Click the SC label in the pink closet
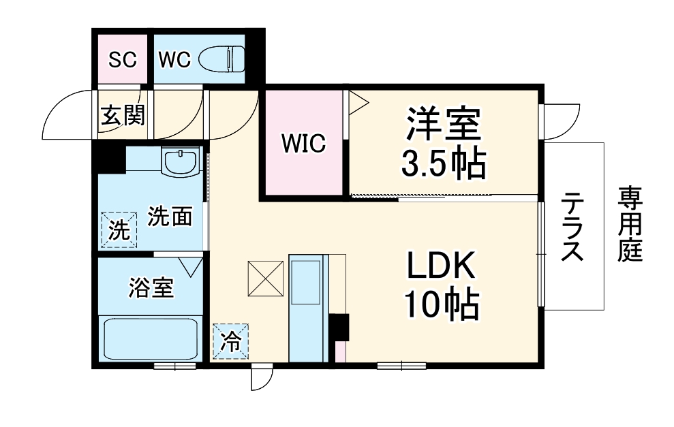coord(123,59)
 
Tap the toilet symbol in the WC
coord(221,59)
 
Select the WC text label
coord(174,59)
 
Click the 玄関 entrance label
coord(123,114)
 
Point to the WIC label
coord(304,143)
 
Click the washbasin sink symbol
coord(181,161)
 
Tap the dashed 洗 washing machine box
coord(119,230)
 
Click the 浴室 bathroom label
coord(151,288)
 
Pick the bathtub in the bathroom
coord(151,339)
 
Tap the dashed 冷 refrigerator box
coord(231,341)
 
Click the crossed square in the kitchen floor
coord(266,279)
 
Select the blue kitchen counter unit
coord(308,309)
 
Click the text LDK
coord(441,265)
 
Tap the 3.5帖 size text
coord(444,163)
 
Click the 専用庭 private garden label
coord(630,224)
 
